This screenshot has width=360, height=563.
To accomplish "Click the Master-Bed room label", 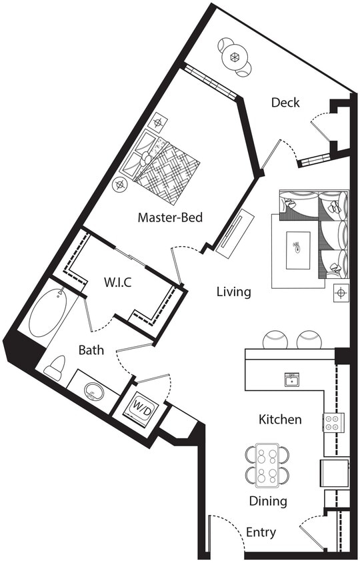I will click(170, 217).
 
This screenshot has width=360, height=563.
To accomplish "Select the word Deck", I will click(285, 103).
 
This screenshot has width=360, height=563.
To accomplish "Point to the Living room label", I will click(233, 292).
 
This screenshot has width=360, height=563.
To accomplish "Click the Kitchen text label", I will click(280, 420).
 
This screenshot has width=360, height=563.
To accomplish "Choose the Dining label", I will click(268, 501).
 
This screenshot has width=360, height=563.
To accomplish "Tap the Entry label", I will click(261, 532).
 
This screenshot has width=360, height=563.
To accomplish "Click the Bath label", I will click(91, 350).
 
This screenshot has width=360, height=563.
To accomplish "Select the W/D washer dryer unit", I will click(141, 406).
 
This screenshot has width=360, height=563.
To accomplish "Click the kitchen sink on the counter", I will click(291, 380).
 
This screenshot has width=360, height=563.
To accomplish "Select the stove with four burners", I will click(333, 422).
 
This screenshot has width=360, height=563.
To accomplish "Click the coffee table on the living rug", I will click(298, 250).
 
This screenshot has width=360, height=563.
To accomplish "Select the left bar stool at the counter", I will click(275, 340).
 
